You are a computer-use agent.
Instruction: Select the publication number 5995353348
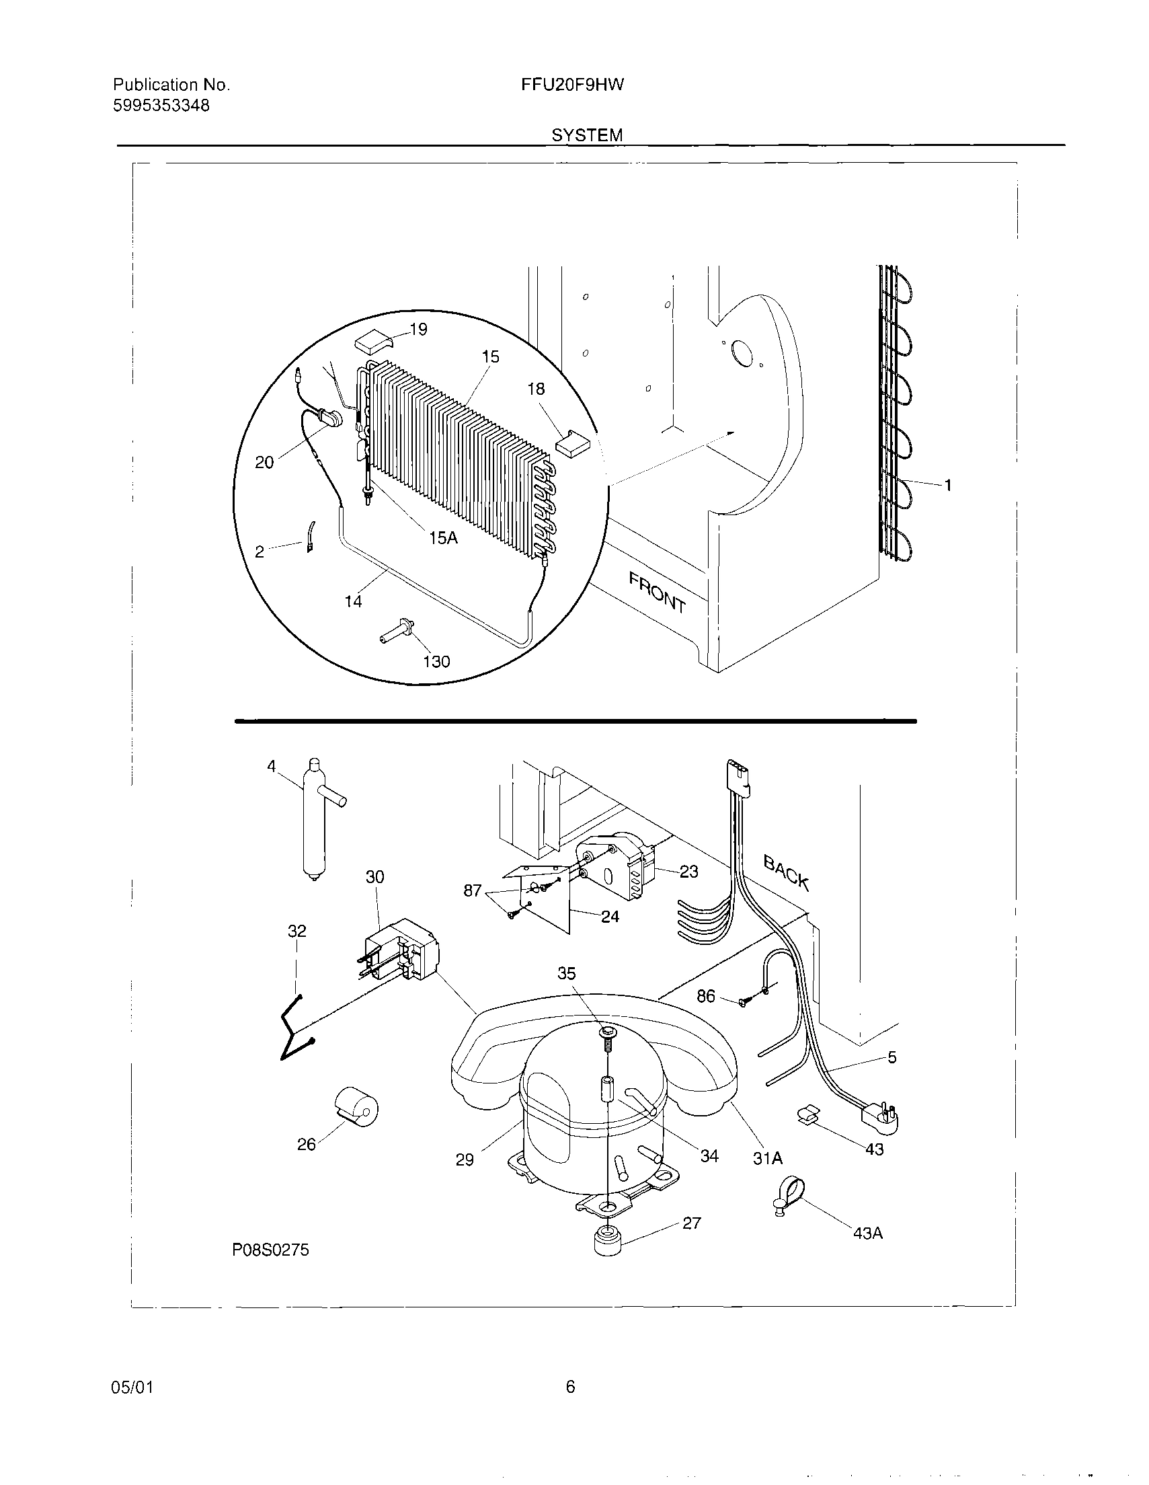(x=161, y=106)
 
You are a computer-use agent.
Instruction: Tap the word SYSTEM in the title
(x=587, y=135)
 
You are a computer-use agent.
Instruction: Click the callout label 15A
(x=443, y=538)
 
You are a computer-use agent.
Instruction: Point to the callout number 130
(x=436, y=662)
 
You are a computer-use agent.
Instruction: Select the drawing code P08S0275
(x=270, y=1250)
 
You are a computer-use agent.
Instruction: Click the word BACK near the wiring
(x=786, y=873)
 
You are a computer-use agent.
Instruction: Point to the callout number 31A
(x=768, y=1159)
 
